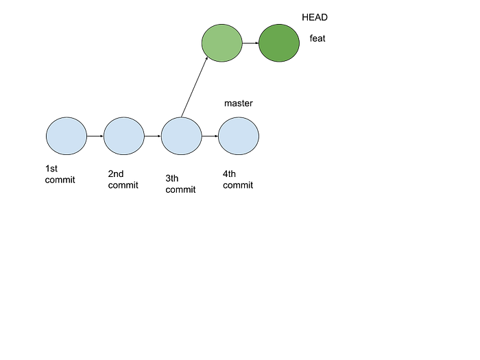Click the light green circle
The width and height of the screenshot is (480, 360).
pyautogui.click(x=221, y=43)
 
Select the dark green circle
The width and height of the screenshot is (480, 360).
pyautogui.click(x=279, y=43)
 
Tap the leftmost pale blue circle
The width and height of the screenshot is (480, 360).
pyautogui.click(x=67, y=136)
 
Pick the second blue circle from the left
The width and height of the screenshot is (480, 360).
pyautogui.click(x=124, y=136)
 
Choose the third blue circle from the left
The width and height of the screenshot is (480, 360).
pyautogui.click(x=181, y=136)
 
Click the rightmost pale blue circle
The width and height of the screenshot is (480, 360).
pyautogui.click(x=239, y=136)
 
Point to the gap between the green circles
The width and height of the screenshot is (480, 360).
pyautogui.click(x=250, y=43)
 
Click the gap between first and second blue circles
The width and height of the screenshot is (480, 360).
pyautogui.click(x=95, y=136)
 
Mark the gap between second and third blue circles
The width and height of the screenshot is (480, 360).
pyautogui.click(x=153, y=136)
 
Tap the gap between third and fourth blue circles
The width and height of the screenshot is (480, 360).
pyautogui.click(x=210, y=136)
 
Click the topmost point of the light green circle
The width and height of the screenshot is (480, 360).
pyautogui.click(x=221, y=24)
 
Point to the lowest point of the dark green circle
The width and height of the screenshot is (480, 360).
pyautogui.click(x=279, y=62)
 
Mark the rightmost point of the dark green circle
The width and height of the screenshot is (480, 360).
pyautogui.click(x=299, y=43)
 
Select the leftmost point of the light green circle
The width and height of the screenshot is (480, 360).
pyautogui.click(x=202, y=43)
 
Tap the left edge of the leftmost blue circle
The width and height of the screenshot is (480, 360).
pyautogui.click(x=46, y=136)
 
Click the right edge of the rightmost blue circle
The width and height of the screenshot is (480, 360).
pyautogui.click(x=259, y=136)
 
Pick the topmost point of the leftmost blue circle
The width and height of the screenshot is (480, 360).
pyautogui.click(x=67, y=118)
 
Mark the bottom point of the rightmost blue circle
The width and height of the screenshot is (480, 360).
pyautogui.click(x=239, y=156)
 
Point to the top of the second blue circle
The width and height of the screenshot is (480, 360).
pyautogui.click(x=124, y=118)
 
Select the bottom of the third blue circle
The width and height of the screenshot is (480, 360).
pyautogui.click(x=181, y=156)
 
